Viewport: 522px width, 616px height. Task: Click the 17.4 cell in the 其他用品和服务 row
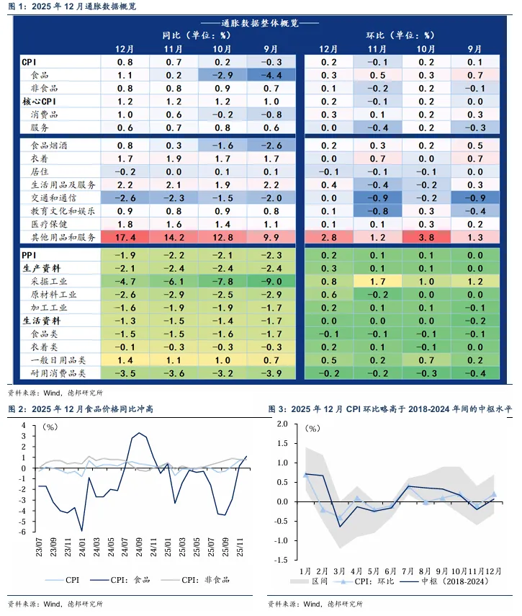coord(125,237)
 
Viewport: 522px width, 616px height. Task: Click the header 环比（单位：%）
coord(400,35)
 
